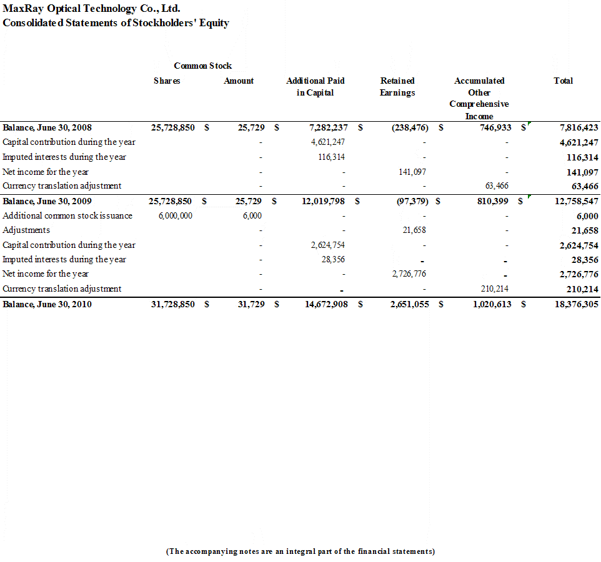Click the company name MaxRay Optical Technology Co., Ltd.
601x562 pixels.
[x=92, y=9]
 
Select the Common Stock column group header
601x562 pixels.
[x=202, y=66]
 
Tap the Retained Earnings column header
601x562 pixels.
[x=397, y=86]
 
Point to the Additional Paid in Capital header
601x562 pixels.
[x=315, y=86]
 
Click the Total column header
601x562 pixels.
[x=563, y=81]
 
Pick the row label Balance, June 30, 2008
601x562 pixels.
[x=47, y=127]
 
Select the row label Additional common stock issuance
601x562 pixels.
[x=67, y=215]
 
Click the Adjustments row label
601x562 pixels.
[x=26, y=230]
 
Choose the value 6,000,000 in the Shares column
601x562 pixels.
[x=176, y=215]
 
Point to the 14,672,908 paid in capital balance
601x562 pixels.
[x=322, y=304]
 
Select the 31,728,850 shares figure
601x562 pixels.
[x=172, y=304]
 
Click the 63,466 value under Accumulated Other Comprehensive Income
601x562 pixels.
[x=497, y=185]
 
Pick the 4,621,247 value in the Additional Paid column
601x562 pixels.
[x=328, y=142]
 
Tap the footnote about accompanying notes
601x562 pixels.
[x=300, y=551]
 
